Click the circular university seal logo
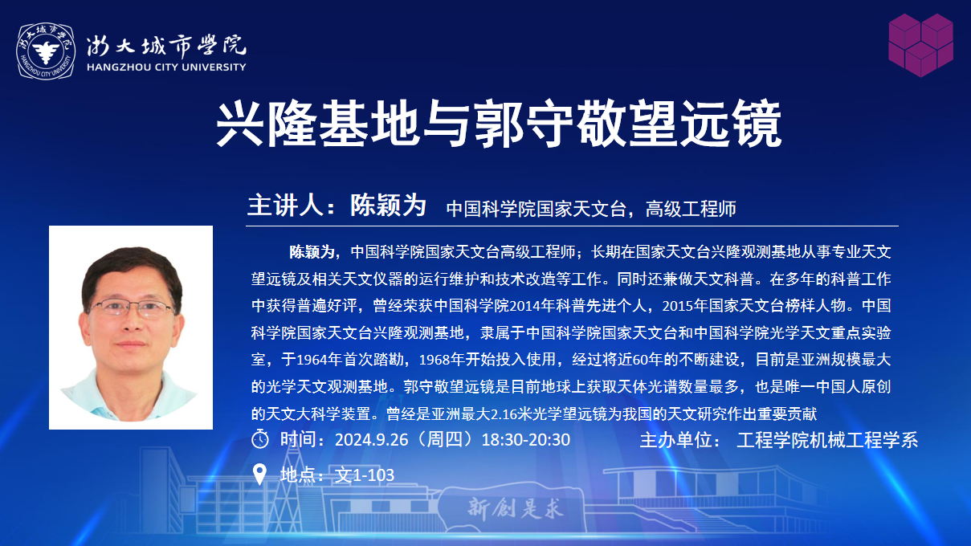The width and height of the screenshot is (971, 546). pos(46,51)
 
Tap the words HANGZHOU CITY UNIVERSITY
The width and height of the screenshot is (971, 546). pos(166,67)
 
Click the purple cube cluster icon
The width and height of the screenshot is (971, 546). pos(920,45)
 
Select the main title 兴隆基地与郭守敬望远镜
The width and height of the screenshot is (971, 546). pos(499,124)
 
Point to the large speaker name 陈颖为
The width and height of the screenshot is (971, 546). pos(389,205)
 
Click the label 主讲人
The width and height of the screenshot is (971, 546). pos(285,205)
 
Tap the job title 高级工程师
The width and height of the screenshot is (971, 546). pos(691,209)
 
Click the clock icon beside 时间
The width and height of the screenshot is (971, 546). pos(260,439)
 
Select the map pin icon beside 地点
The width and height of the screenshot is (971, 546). pos(259,475)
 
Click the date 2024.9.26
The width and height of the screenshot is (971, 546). pos(372,440)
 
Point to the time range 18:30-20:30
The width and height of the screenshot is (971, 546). pos(526,440)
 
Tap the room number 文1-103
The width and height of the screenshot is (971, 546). pos(365,475)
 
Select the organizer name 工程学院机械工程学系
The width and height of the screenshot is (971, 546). pos(827,440)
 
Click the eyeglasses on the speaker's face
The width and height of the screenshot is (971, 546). pos(132,308)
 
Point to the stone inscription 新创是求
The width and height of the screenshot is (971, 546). pos(516,508)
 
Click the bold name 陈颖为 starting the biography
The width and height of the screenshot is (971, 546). pos(312,252)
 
